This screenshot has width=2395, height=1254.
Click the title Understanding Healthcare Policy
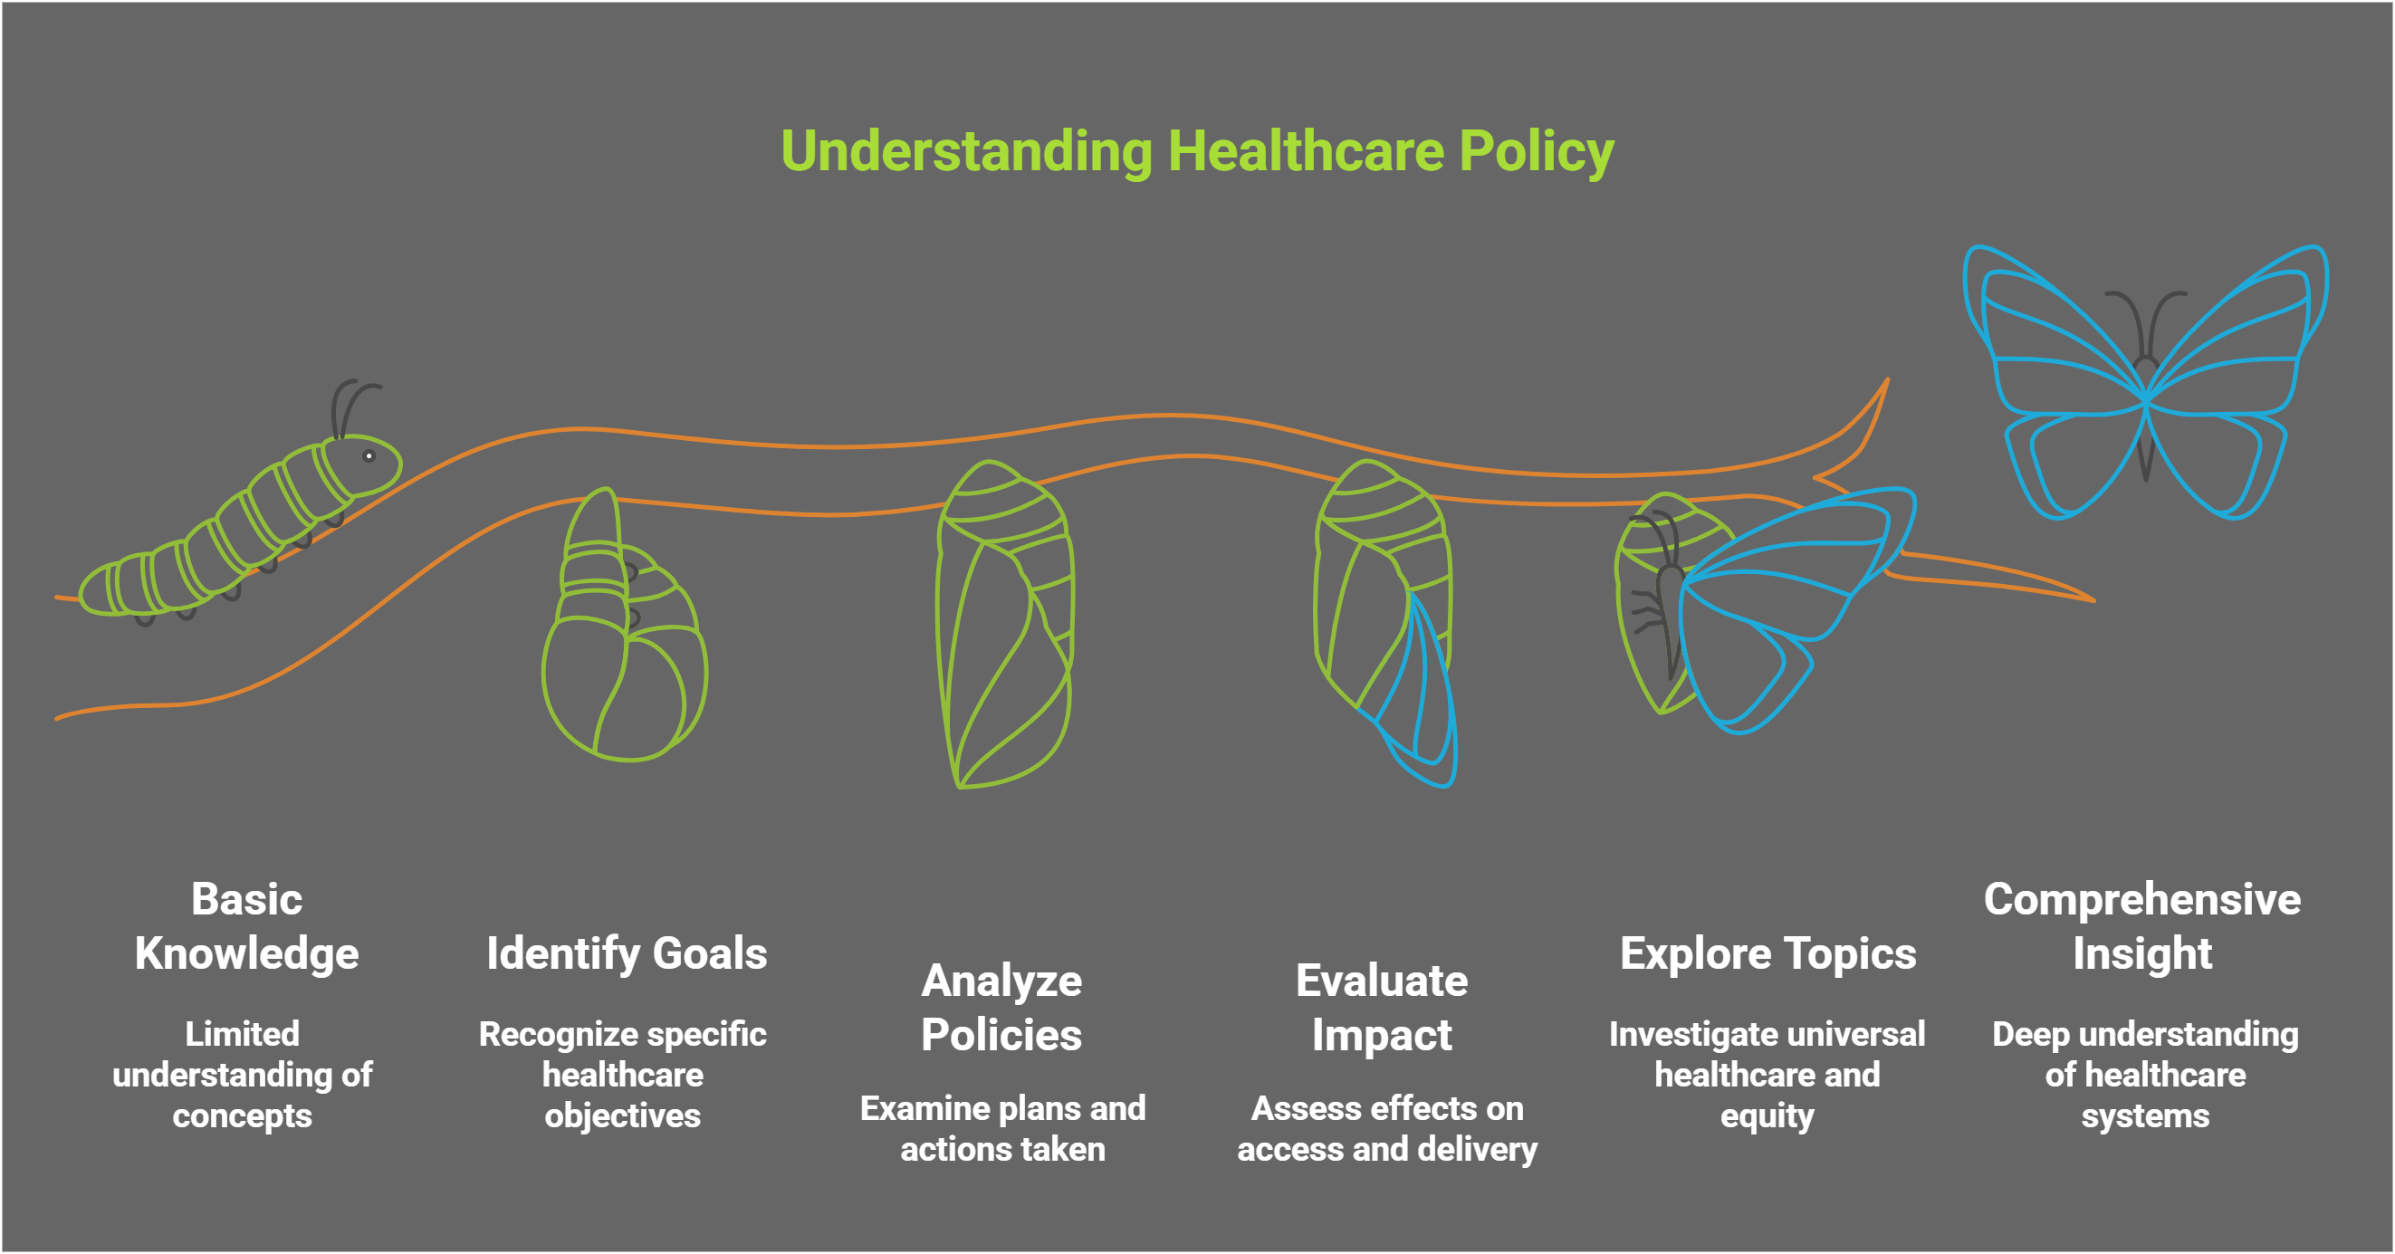point(1196,150)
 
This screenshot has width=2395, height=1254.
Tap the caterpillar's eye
point(369,455)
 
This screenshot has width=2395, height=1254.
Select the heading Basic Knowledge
point(246,926)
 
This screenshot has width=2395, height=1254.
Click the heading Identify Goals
point(627,952)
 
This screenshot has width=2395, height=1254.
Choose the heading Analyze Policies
point(1001,1008)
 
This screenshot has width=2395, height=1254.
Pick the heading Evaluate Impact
point(1382,1008)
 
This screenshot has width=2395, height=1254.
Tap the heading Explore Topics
point(1768,952)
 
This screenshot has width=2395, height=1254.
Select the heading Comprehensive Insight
point(2142,926)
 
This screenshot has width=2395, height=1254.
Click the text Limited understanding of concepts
point(243,1075)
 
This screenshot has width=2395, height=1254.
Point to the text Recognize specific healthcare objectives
point(623,1075)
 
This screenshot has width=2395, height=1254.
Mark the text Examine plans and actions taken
point(1002,1128)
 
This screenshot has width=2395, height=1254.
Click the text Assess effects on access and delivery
point(1387,1128)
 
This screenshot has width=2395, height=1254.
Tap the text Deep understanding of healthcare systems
point(2145,1075)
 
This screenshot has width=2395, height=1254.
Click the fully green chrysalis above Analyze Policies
point(1004,623)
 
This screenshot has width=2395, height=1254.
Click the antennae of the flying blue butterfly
point(2145,316)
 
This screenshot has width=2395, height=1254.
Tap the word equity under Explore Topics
point(1767,1115)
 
